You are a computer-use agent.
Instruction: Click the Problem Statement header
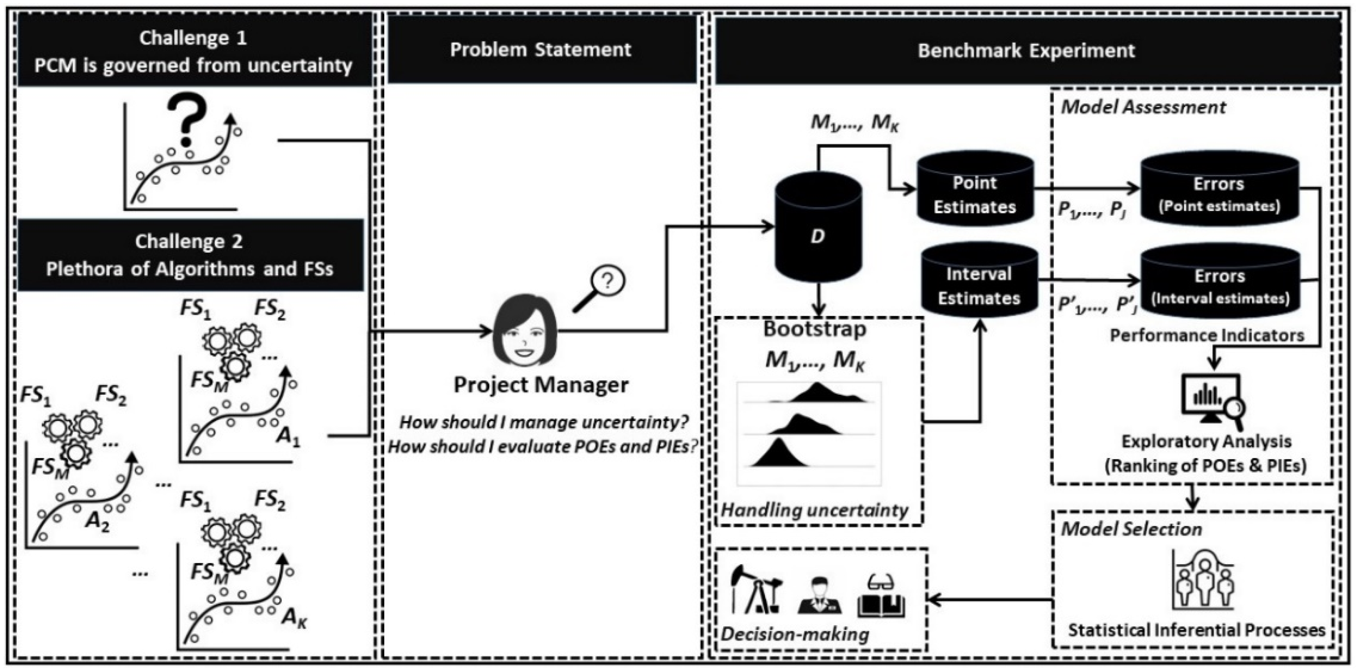pyautogui.click(x=541, y=49)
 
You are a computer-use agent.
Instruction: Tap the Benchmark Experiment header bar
pyautogui.click(x=1027, y=50)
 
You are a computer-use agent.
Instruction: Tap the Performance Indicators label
pyautogui.click(x=1207, y=335)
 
